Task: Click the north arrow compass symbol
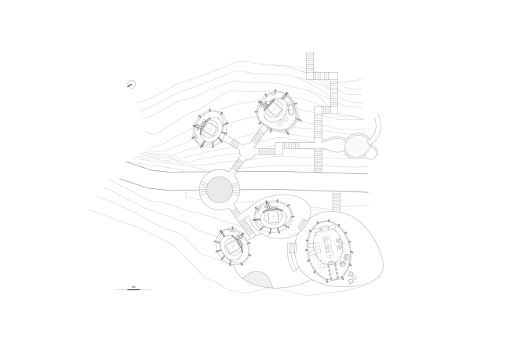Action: click(x=131, y=85)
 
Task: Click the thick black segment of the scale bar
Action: click(x=133, y=290)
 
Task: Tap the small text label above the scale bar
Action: click(x=133, y=286)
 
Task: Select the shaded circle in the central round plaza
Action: click(x=219, y=188)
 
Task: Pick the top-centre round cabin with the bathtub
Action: click(x=276, y=111)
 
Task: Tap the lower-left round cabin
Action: click(x=233, y=245)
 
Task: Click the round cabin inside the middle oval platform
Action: click(x=271, y=216)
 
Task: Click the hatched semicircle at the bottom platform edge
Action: click(x=257, y=278)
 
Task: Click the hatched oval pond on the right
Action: click(x=357, y=145)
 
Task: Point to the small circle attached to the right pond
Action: click(x=370, y=153)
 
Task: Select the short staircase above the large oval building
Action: click(x=337, y=202)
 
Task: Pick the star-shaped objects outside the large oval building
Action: click(x=351, y=276)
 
